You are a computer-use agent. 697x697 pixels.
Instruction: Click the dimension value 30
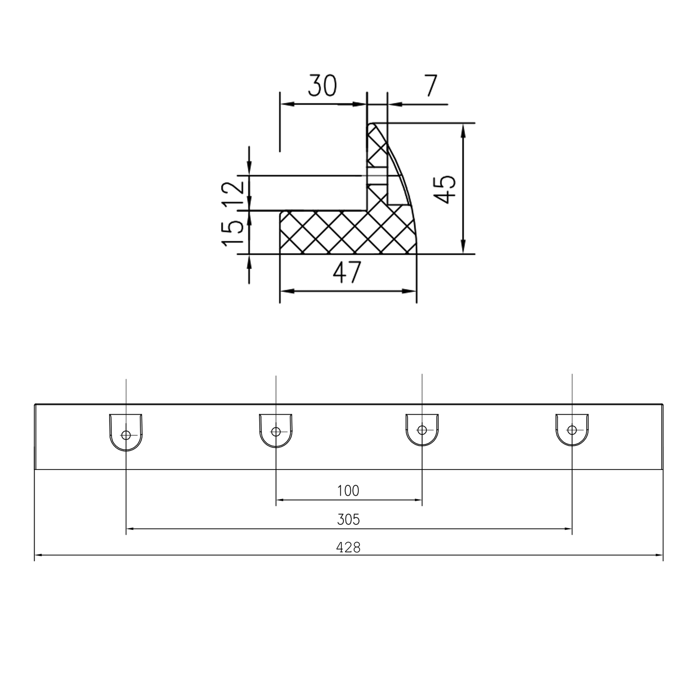[322, 86]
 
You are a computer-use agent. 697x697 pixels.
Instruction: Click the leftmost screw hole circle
[126, 435]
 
